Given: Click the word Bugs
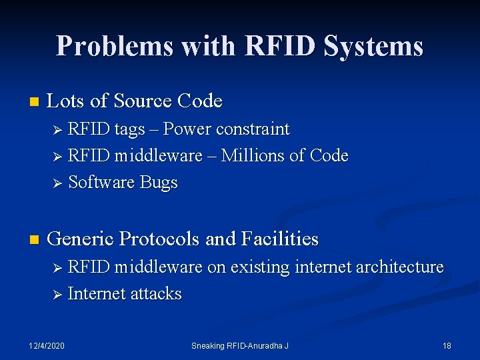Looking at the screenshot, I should (159, 183).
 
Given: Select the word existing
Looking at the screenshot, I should (259, 267).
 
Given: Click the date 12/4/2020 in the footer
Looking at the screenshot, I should (47, 345).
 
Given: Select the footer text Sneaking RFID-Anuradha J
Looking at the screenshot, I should (239, 345).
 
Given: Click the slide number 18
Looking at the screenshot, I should (447, 345).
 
